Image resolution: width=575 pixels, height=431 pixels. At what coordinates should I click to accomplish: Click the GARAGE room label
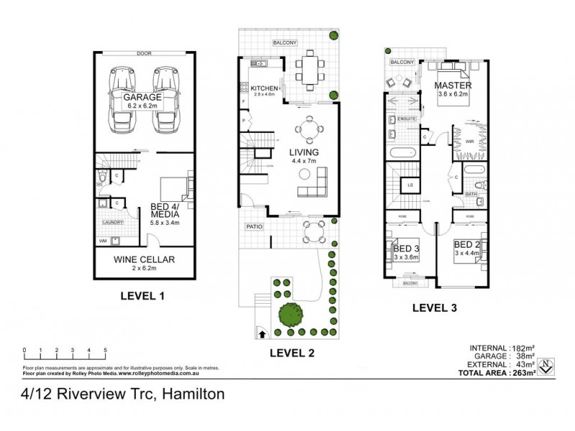142,97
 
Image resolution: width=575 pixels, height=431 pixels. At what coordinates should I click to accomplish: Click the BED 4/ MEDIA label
165,211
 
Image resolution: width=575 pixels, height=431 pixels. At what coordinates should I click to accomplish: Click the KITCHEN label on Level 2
265,88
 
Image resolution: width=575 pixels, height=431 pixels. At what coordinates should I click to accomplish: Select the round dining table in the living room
309,129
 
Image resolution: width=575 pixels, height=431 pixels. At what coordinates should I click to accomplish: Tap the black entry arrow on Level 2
259,334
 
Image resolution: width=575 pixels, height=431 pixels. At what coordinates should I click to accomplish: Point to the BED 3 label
406,249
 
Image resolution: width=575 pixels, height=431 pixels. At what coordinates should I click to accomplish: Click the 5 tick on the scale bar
106,351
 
